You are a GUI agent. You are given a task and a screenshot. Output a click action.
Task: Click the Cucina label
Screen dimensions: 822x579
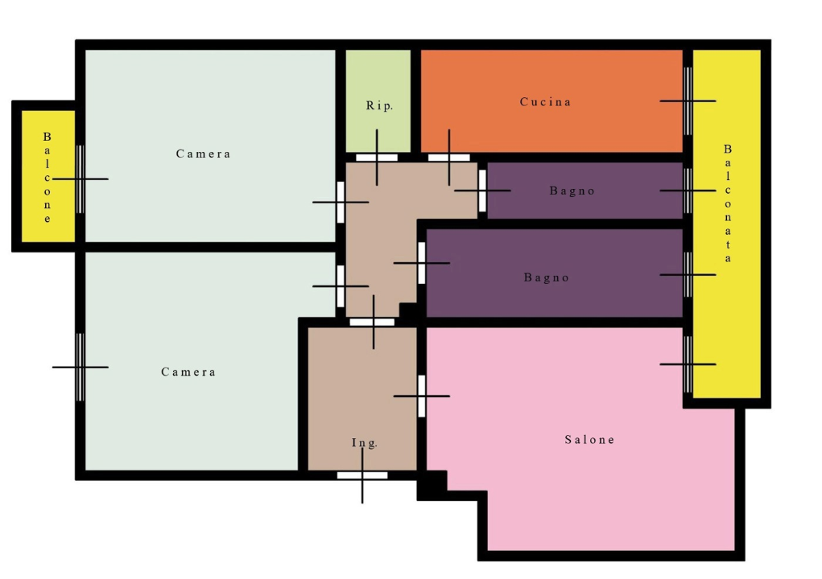tap(545, 101)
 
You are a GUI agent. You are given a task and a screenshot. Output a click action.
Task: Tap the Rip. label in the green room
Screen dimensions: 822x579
tap(379, 105)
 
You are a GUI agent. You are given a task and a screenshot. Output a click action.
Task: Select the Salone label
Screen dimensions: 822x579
tap(590, 439)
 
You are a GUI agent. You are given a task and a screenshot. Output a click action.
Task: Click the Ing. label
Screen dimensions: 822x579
tap(365, 443)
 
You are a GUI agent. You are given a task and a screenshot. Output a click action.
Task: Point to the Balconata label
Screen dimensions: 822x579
tap(728, 203)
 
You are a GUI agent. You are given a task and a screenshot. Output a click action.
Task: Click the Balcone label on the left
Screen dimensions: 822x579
tap(48, 178)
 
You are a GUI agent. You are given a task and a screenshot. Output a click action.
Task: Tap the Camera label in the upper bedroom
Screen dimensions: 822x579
tap(203, 154)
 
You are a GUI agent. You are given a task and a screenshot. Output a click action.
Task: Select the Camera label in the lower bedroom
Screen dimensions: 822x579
tap(188, 372)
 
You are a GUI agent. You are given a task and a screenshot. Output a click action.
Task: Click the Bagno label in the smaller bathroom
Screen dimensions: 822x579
tap(572, 191)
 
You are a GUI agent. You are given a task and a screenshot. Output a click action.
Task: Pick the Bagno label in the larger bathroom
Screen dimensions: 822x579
tap(546, 277)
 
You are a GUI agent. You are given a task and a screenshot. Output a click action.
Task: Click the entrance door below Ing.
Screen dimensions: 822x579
tap(362, 475)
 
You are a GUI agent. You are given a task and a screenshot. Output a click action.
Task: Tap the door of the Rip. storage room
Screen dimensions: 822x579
tap(377, 158)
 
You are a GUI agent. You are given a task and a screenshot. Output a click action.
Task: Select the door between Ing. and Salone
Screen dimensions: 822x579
tap(422, 396)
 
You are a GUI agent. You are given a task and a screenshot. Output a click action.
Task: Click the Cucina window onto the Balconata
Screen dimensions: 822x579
tap(688, 101)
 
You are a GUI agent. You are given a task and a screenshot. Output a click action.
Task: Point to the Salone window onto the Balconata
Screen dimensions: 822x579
tap(688, 364)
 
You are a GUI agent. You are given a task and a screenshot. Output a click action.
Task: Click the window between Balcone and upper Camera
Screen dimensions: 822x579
tap(81, 179)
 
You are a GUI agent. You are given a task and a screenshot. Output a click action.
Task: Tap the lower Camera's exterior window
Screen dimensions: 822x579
tap(81, 368)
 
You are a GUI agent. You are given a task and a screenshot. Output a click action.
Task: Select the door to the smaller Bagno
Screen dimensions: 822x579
tap(482, 191)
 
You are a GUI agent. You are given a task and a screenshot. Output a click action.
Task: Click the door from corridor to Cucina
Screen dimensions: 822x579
tap(449, 158)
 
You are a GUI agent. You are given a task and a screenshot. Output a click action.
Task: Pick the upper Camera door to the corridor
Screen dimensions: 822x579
tap(341, 202)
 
